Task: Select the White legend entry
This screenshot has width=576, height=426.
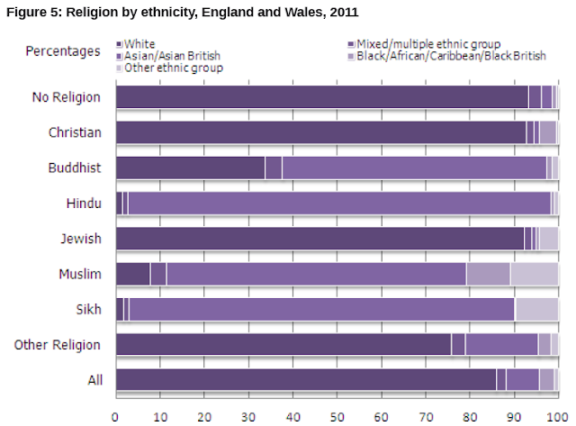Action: pos(139,43)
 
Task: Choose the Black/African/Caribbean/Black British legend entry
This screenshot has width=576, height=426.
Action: pos(450,55)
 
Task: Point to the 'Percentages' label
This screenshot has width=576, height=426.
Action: pos(61,50)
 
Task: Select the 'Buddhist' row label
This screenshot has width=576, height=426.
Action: pos(75,168)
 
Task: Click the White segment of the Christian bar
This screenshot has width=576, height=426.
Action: pos(319,132)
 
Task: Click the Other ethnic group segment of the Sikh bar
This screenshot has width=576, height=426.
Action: pos(535,309)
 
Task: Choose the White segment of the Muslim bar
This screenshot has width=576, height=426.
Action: pos(132,274)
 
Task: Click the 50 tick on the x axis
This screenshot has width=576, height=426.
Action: pos(337,416)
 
